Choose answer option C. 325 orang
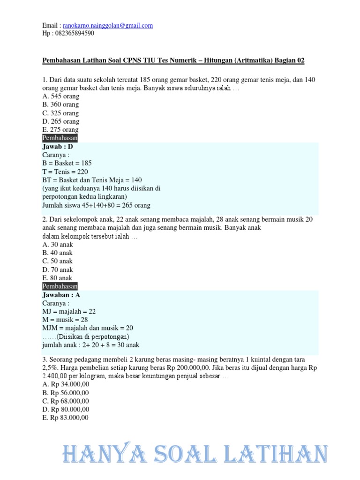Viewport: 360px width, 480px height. point(60,113)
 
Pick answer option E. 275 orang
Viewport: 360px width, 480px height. point(60,130)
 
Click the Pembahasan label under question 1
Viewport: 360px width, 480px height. point(60,138)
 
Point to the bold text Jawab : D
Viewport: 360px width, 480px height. point(58,147)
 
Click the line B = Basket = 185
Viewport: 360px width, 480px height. point(67,163)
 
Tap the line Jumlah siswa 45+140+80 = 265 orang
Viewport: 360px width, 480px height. point(97,205)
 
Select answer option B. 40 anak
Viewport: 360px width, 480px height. point(58,253)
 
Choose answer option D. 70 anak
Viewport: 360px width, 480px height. point(58,270)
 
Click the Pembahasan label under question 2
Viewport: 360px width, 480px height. point(60,286)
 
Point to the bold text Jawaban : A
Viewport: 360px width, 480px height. point(61,295)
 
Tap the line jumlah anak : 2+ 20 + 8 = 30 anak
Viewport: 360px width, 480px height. point(91,345)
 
